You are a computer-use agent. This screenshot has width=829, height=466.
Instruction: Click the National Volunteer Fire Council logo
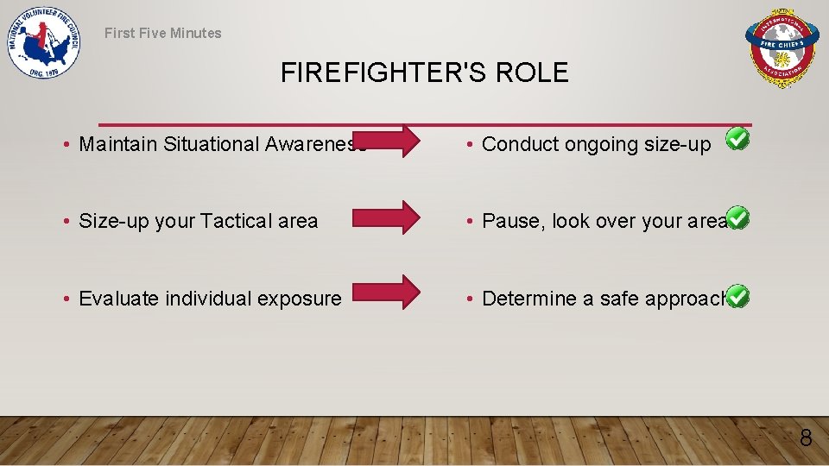click(x=44, y=45)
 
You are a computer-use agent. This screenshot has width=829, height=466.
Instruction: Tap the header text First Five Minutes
click(x=163, y=33)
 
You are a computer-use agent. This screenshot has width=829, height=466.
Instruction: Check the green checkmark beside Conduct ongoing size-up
click(x=737, y=138)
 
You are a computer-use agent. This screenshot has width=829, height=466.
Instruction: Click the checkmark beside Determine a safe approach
click(x=737, y=296)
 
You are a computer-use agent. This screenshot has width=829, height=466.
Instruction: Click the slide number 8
click(x=805, y=438)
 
